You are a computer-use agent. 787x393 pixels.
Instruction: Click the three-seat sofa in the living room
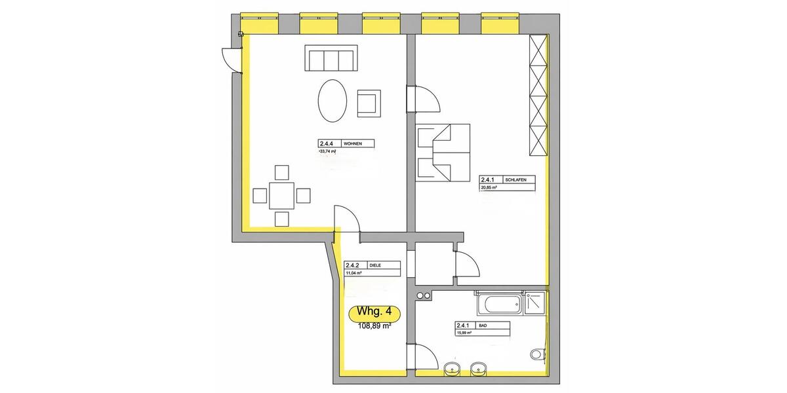[331, 59]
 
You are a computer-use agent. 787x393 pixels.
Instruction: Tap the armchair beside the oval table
[368, 103]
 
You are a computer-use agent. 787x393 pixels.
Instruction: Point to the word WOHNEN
[353, 144]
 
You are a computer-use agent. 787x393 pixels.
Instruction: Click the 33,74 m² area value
[327, 152]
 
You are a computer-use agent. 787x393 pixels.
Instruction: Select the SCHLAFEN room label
[515, 179]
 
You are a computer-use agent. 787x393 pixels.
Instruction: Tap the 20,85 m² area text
[489, 187]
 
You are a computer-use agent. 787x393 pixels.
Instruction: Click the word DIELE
[375, 265]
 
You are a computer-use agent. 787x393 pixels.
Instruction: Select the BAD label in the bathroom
[485, 325]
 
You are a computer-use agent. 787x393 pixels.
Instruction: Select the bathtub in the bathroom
[499, 303]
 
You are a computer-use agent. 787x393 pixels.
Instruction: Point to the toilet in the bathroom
[537, 354]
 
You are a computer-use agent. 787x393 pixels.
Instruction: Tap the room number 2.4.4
[327, 144]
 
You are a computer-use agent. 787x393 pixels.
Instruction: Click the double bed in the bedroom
[444, 152]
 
